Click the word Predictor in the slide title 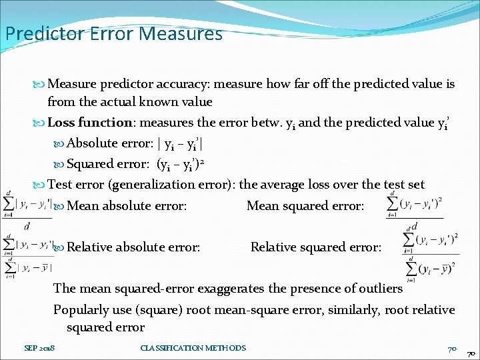[41, 33]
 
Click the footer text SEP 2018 [41, 348]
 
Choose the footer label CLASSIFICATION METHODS [193, 348]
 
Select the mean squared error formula [414, 205]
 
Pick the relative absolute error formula [27, 255]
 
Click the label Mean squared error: [305, 206]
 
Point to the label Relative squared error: [316, 247]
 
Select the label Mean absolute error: [127, 206]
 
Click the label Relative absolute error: [133, 247]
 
